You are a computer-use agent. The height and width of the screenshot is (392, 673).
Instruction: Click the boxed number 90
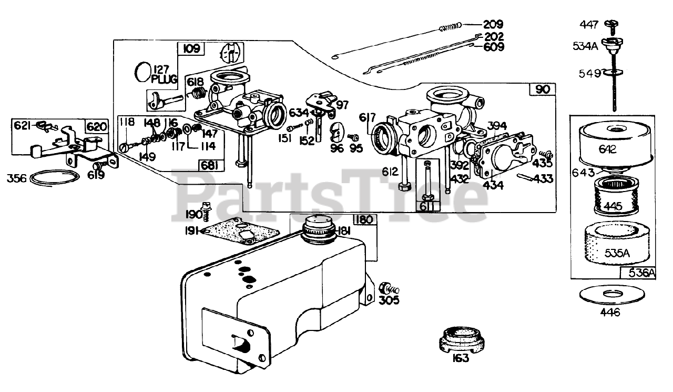[542, 89]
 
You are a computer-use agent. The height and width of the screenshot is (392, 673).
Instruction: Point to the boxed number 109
[191, 49]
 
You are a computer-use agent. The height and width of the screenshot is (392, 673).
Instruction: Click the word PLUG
[165, 79]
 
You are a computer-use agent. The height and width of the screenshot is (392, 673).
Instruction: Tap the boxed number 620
[97, 126]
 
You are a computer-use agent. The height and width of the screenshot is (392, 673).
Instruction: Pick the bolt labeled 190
[206, 211]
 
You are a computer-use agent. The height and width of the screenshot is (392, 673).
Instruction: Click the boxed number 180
[364, 219]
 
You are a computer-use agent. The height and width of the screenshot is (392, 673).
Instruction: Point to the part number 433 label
[543, 179]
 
